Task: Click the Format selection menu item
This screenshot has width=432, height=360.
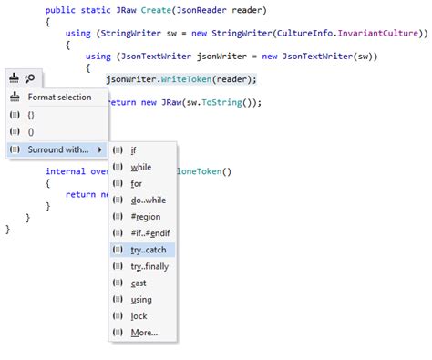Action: pyautogui.click(x=58, y=97)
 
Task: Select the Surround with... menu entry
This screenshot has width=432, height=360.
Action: pyautogui.click(x=57, y=149)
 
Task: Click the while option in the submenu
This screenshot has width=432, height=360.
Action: pyautogui.click(x=141, y=167)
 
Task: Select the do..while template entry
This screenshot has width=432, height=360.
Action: pyautogui.click(x=149, y=200)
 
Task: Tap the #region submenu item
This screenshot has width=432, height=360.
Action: pyautogui.click(x=146, y=216)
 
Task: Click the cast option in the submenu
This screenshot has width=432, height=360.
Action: pyautogui.click(x=139, y=283)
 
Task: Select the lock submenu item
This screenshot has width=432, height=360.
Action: pyautogui.click(x=139, y=315)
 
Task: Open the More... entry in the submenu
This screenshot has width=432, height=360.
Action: pyautogui.click(x=144, y=332)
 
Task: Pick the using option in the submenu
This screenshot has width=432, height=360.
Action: pyautogui.click(x=141, y=299)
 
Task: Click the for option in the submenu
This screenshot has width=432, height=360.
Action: pyautogui.click(x=136, y=183)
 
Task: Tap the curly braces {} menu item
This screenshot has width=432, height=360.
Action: pyautogui.click(x=32, y=115)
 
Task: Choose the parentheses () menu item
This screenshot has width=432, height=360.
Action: pyautogui.click(x=32, y=131)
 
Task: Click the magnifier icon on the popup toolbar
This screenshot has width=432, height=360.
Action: pyautogui.click(x=30, y=78)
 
